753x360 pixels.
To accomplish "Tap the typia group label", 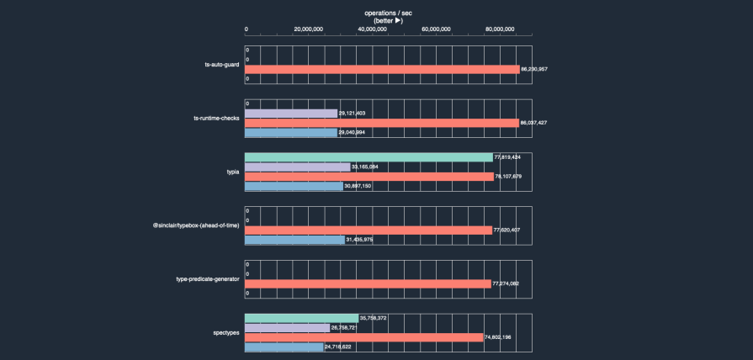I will (x=233, y=172).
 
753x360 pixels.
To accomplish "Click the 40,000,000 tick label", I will (x=372, y=29).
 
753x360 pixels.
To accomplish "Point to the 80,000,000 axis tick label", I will (x=500, y=29).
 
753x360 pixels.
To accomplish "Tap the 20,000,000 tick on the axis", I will (x=309, y=29).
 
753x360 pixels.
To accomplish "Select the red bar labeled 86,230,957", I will (x=382, y=69).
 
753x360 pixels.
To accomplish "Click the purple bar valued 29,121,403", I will (x=291, y=113).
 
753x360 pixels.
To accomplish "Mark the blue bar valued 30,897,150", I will (x=294, y=186).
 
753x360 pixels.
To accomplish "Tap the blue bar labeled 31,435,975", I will (x=294, y=240).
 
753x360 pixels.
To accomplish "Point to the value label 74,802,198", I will (x=502, y=337).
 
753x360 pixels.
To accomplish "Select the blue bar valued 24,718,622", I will (x=284, y=347).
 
